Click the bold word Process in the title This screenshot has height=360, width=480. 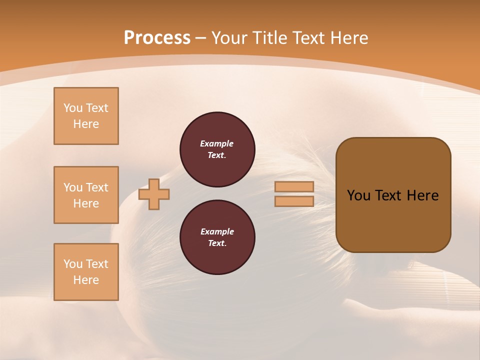(x=157, y=37)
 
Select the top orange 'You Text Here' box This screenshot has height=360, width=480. (x=86, y=116)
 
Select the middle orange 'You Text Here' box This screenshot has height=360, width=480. (x=86, y=195)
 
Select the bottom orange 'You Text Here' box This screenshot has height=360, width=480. (x=86, y=271)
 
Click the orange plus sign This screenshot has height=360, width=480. (x=154, y=194)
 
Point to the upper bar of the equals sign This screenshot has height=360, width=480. (x=294, y=186)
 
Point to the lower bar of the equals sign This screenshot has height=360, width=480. (x=294, y=201)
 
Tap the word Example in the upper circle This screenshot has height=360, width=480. (x=217, y=143)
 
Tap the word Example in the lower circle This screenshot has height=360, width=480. (x=217, y=231)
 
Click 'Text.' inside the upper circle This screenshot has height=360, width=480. (x=217, y=155)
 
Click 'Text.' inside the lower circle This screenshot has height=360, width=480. (x=217, y=243)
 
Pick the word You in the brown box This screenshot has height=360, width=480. (x=358, y=195)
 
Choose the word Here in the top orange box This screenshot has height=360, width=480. (x=86, y=124)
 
